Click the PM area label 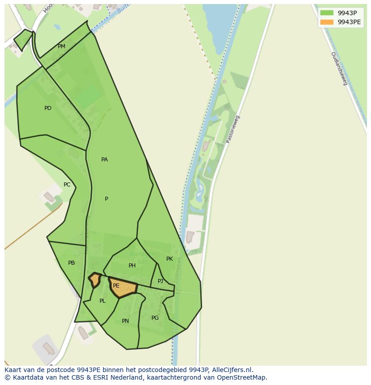point(61,47)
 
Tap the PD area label point(48,108)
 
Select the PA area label point(104,160)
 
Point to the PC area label point(67,185)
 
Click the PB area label point(71,263)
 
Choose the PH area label point(132,266)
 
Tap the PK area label point(169,259)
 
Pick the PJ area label point(160,281)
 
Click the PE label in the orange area point(116,286)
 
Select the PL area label point(103,301)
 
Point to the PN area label point(125,321)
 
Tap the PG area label point(155,318)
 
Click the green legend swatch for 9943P point(327,13)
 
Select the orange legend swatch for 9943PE point(327,22)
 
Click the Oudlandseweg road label point(339,68)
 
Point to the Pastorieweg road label point(233,129)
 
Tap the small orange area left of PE point(95,280)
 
